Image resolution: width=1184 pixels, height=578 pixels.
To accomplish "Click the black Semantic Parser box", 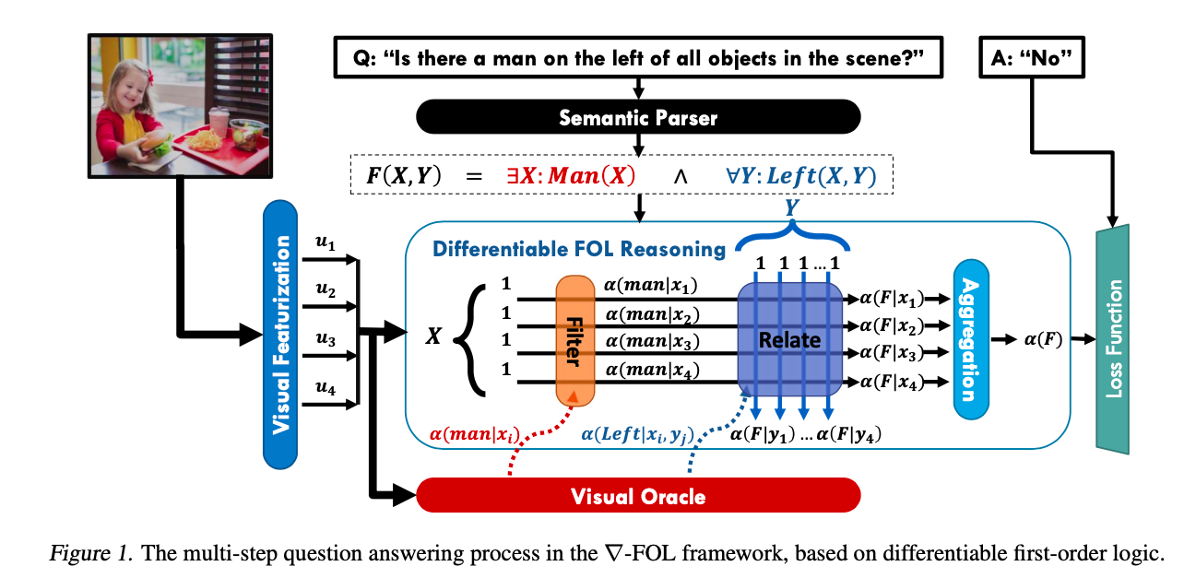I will [637, 118].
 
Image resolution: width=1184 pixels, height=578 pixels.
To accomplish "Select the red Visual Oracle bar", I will [637, 496].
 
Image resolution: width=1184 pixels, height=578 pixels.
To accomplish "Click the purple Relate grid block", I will [789, 340].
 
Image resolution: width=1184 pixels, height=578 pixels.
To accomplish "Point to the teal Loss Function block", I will [1116, 338].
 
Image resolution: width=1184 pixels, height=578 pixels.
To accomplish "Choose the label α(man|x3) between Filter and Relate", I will [652, 341].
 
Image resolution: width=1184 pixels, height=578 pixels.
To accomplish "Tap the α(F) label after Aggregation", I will [1042, 340].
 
